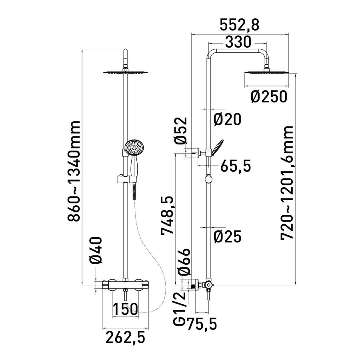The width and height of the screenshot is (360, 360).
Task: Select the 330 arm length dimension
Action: pyautogui.click(x=238, y=42)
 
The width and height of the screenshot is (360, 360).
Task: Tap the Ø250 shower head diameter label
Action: pyautogui.click(x=269, y=97)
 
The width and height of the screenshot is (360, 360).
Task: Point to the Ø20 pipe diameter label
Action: pyautogui.click(x=227, y=119)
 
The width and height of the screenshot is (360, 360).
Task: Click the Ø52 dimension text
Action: pyautogui.click(x=181, y=131)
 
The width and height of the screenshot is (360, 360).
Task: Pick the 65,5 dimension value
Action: pyautogui.click(x=236, y=166)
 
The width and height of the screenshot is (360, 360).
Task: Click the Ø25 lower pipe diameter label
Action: pyautogui.click(x=228, y=236)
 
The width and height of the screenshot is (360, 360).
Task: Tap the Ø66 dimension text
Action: pyautogui.click(x=184, y=262)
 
